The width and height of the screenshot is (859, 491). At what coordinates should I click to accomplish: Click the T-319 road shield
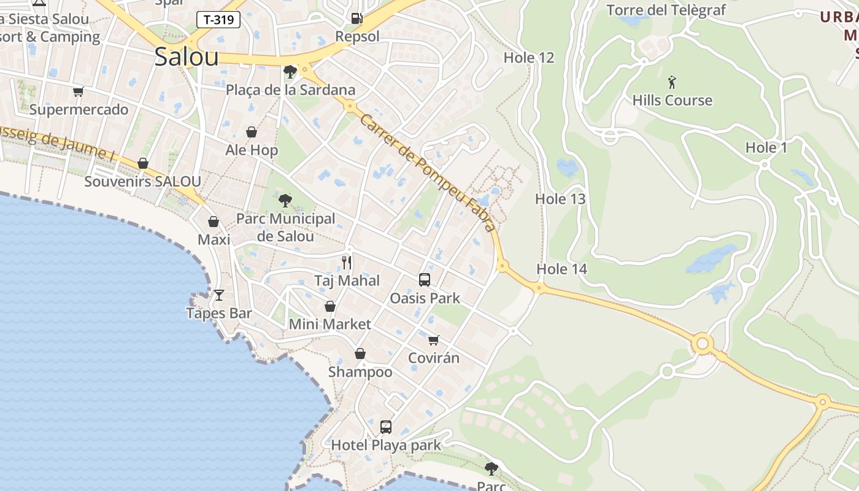click(218, 20)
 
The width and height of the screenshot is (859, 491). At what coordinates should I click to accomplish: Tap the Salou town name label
click(187, 56)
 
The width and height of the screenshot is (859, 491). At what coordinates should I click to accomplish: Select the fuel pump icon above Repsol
click(356, 18)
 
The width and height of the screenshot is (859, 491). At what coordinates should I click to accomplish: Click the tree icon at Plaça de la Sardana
click(290, 72)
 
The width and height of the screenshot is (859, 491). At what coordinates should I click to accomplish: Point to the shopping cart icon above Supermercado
click(78, 92)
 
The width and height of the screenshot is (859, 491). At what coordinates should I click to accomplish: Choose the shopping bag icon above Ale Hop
click(252, 132)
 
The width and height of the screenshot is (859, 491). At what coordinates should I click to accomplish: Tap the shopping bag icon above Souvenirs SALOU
click(143, 163)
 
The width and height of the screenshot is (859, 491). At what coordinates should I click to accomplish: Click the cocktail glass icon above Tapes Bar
click(218, 295)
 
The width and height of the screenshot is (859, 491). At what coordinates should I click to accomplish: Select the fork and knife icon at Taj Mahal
click(347, 263)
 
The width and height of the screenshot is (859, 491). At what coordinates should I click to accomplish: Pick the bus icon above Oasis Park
click(424, 280)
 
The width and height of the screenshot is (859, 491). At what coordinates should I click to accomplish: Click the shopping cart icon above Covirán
click(434, 340)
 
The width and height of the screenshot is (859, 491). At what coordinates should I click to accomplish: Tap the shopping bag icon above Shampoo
click(360, 354)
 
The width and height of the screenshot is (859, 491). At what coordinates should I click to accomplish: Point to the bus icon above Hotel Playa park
click(386, 427)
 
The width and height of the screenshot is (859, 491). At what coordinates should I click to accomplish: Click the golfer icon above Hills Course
click(672, 82)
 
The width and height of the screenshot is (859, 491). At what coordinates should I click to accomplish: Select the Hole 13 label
click(560, 199)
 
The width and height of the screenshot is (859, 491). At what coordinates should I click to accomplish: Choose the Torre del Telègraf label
click(666, 10)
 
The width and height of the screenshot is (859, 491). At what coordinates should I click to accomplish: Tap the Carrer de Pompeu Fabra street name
click(428, 173)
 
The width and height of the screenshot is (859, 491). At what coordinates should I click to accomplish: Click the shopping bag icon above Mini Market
click(330, 306)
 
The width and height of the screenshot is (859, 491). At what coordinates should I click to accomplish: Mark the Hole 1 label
click(766, 147)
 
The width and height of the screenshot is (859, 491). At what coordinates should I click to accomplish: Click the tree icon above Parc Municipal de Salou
click(285, 200)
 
